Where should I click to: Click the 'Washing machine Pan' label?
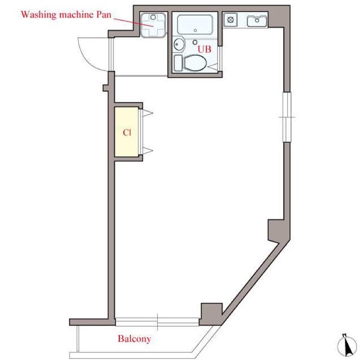[x=66, y=14]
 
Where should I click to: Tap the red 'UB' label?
[x=205, y=49]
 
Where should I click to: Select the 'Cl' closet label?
[x=127, y=133]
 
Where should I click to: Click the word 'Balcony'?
[x=134, y=338]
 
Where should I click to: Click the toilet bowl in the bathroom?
[x=195, y=63]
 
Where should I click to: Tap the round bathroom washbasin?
[x=179, y=44]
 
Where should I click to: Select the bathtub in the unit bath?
[x=195, y=25]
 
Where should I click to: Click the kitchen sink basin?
[x=257, y=21]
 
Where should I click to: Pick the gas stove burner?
[x=230, y=20]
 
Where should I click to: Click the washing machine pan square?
[x=154, y=25]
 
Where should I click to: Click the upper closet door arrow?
[x=148, y=113]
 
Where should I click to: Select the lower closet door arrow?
[x=148, y=151]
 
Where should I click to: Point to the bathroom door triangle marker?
[x=212, y=67]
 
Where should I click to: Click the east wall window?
[x=287, y=117]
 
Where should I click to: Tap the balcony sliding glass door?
[x=157, y=322]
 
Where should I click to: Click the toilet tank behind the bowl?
[x=178, y=62]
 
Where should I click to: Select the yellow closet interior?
[x=127, y=132]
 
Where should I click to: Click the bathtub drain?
[x=196, y=31]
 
